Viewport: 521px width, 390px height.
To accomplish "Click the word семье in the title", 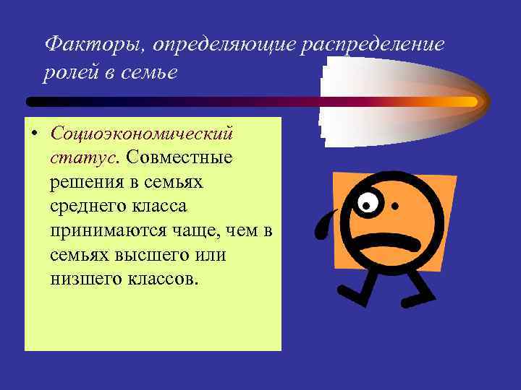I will pyautogui.click(x=152, y=74).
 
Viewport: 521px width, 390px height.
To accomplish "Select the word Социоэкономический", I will pyautogui.click(x=142, y=134).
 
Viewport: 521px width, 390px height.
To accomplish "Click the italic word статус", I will pyautogui.click(x=85, y=158).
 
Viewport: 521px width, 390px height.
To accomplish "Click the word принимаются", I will pyautogui.click(x=105, y=231).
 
